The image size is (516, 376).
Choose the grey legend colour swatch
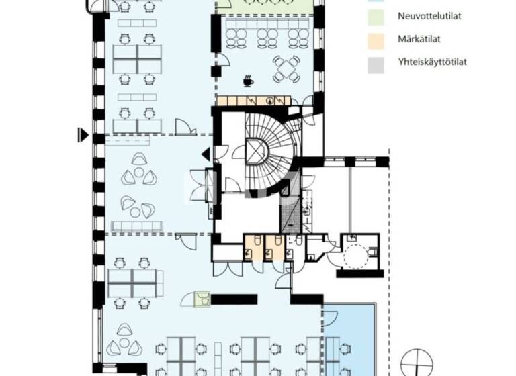pyautogui.click(x=378, y=63)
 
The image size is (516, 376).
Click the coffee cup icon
pyautogui.click(x=248, y=80)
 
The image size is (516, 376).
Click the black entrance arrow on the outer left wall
pyautogui.click(x=83, y=135)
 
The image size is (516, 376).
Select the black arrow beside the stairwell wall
pyautogui.click(x=206, y=155)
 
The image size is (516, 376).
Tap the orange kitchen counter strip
pyautogui.click(x=253, y=101)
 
